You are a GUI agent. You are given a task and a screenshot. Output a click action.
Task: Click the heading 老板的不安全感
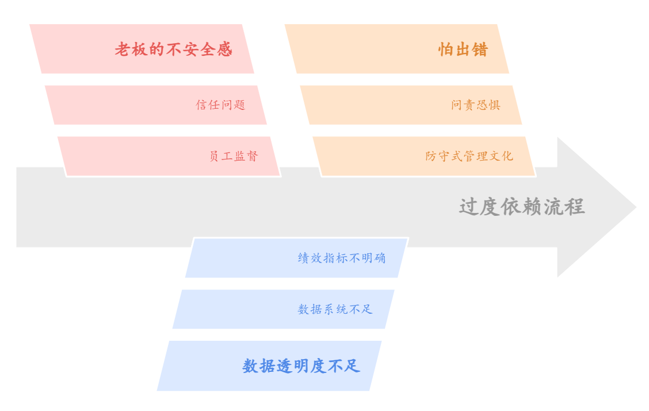(173, 50)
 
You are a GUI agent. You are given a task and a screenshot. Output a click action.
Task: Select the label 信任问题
(220, 105)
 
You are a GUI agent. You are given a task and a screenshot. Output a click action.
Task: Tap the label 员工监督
(233, 156)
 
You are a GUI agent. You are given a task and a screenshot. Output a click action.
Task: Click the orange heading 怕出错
(463, 50)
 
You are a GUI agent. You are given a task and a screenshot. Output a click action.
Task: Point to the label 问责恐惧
(476, 105)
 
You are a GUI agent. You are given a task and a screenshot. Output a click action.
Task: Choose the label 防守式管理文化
(469, 156)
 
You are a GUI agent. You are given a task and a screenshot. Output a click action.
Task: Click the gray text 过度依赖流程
(521, 207)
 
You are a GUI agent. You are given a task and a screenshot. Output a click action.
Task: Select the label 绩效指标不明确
(342, 258)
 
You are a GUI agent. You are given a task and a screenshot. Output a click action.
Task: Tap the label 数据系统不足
(335, 309)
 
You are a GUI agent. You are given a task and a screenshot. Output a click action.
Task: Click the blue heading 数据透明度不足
(301, 366)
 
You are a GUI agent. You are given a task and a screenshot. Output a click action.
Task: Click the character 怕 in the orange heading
(446, 50)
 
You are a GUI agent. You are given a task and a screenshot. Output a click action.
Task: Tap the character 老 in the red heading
(123, 50)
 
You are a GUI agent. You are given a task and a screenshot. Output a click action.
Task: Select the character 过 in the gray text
(469, 207)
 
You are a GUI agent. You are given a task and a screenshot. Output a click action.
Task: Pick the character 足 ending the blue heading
(352, 366)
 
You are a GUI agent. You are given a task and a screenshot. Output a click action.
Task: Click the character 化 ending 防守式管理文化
(507, 156)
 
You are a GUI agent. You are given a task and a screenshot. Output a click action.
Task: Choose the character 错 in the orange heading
(479, 50)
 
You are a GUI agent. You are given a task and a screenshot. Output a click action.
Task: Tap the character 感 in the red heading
(224, 50)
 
